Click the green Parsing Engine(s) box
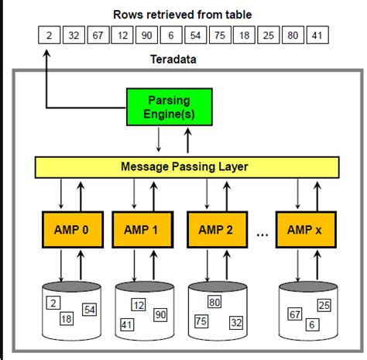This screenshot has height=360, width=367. [x=158, y=107]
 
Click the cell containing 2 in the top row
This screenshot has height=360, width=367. [x=49, y=34]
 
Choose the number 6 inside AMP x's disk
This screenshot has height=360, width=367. [x=310, y=324]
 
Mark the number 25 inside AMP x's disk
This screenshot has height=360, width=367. [x=324, y=306]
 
